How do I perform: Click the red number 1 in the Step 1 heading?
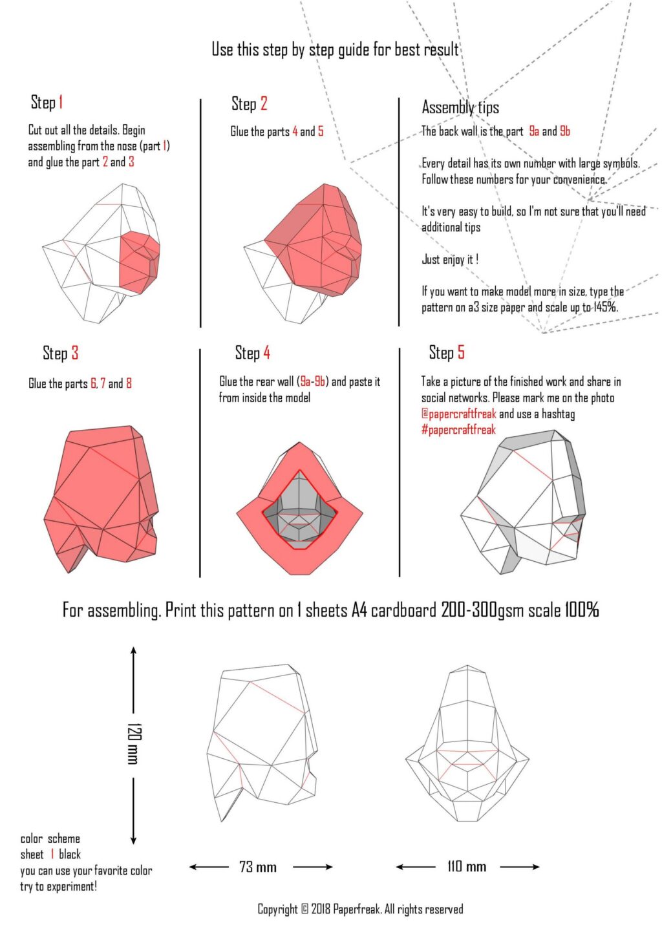click(61, 102)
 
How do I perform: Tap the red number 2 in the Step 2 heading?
click(264, 103)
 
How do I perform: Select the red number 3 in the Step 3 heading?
click(75, 353)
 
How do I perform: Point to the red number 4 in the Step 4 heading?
click(266, 353)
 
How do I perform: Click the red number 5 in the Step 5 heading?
click(461, 352)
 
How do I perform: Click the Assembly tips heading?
click(460, 107)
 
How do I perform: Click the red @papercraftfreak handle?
click(459, 414)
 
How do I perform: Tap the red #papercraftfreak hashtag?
click(458, 430)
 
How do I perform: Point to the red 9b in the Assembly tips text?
click(565, 131)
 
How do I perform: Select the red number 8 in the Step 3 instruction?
click(129, 383)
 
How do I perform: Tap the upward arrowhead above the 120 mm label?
click(133, 651)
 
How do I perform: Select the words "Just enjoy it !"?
click(450, 259)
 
